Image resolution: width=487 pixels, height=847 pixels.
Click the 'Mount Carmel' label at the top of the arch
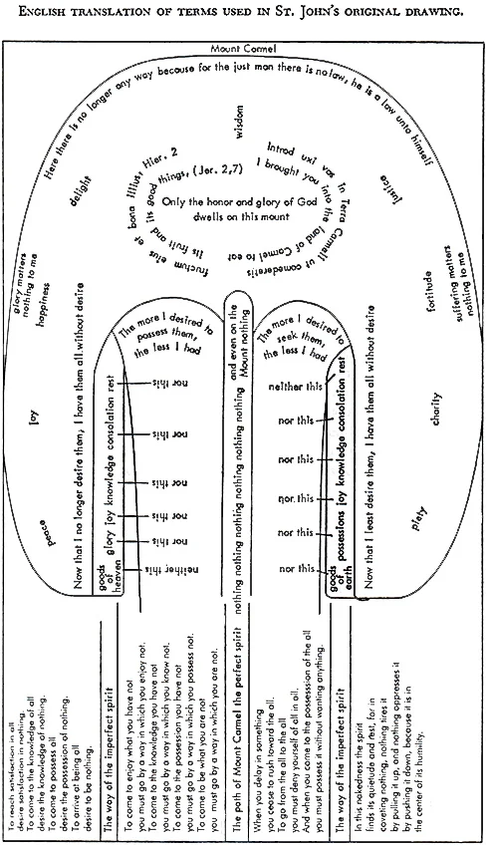[x=242, y=49]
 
